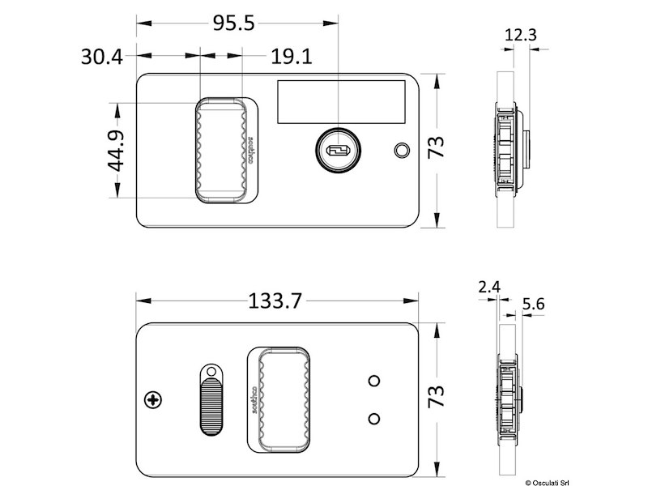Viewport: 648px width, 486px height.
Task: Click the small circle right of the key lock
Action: click(x=400, y=151)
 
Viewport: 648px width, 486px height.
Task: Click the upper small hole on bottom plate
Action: click(x=374, y=380)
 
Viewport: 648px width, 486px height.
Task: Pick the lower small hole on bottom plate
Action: click(x=374, y=418)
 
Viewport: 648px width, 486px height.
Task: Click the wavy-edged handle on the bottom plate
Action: click(x=281, y=398)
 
